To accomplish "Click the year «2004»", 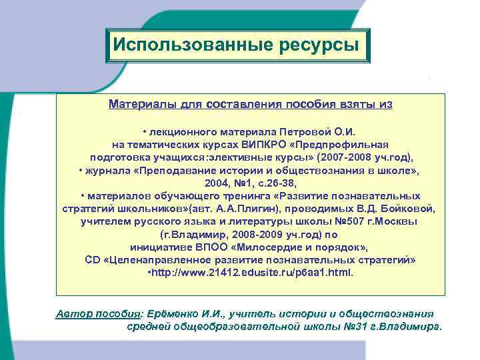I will click(218, 183).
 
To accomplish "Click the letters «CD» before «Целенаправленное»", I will click(93, 260).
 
